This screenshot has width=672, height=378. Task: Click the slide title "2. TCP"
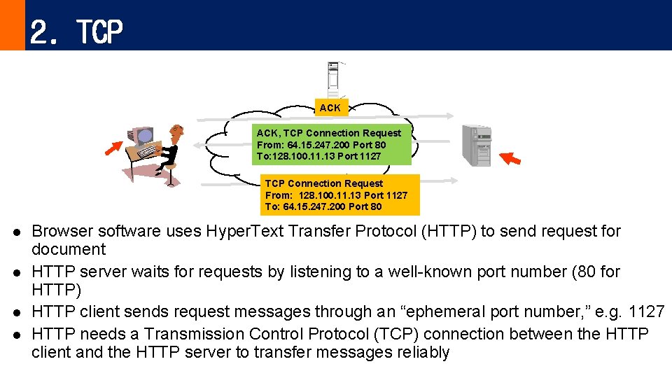pyautogui.click(x=76, y=31)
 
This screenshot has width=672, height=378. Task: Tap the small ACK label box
pyautogui.click(x=330, y=108)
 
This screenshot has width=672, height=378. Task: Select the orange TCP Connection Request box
pyautogui.click(x=339, y=195)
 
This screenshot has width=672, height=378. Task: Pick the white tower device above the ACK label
pyautogui.click(x=334, y=78)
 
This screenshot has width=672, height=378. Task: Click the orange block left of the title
pyautogui.click(x=12, y=25)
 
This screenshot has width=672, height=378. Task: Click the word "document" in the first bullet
pyautogui.click(x=69, y=250)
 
